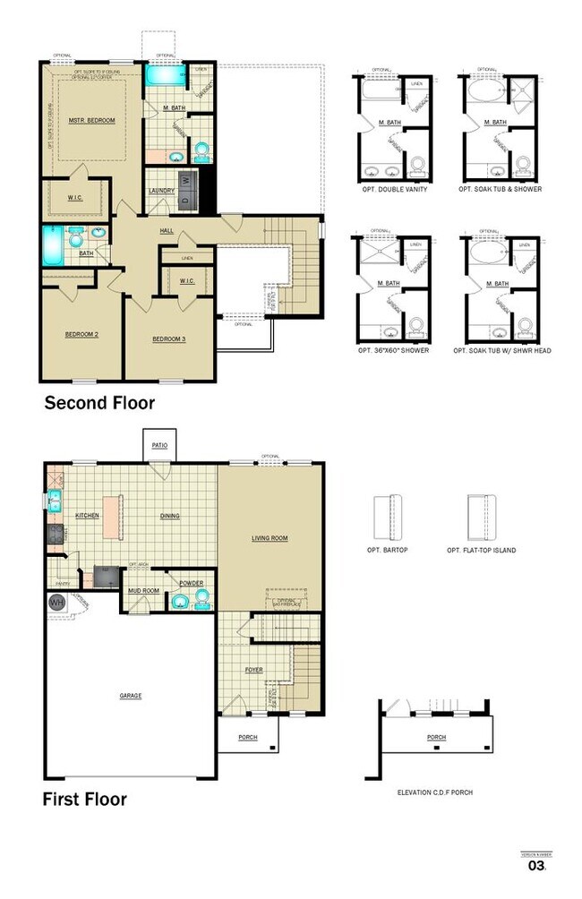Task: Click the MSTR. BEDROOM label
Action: click(x=92, y=119)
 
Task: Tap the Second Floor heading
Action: click(x=99, y=404)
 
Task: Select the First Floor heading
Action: click(x=85, y=799)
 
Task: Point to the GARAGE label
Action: click(x=131, y=696)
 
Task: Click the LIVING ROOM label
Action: click(x=269, y=538)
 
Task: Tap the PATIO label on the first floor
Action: click(x=160, y=444)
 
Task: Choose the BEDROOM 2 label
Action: click(x=81, y=336)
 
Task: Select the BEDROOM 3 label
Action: click(x=168, y=338)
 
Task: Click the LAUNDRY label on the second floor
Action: click(x=161, y=190)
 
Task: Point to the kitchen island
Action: click(x=112, y=518)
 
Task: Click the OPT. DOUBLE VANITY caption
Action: click(x=391, y=190)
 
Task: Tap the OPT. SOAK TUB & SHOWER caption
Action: click(x=500, y=190)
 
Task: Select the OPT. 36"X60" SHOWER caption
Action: click(x=393, y=350)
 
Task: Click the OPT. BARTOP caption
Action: click(x=387, y=549)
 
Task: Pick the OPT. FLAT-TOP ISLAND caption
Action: click(x=481, y=550)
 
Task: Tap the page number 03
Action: click(x=537, y=866)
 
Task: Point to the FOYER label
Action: click(x=255, y=669)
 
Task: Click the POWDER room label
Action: click(x=191, y=584)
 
